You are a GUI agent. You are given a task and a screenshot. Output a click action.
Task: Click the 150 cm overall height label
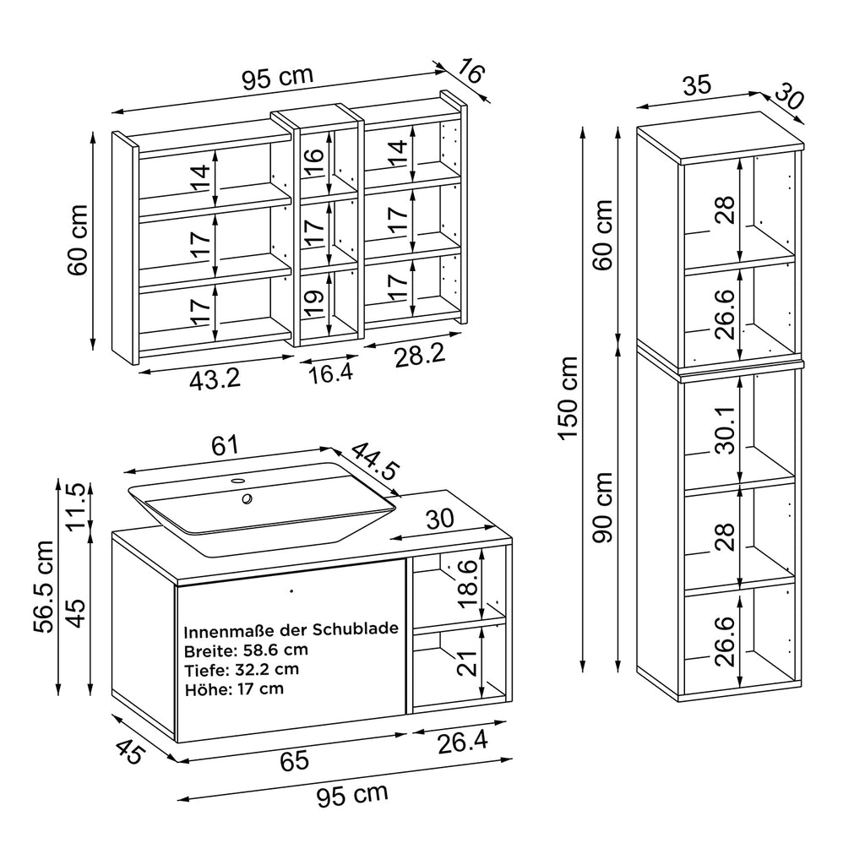pyautogui.click(x=567, y=399)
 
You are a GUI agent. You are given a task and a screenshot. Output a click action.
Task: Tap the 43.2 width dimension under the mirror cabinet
pyautogui.click(x=215, y=379)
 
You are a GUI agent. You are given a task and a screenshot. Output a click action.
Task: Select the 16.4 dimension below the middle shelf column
pyautogui.click(x=330, y=373)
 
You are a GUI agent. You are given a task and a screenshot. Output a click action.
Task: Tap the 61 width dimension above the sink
pyautogui.click(x=225, y=444)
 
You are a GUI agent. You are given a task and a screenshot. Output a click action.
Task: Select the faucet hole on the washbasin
pyautogui.click(x=247, y=498)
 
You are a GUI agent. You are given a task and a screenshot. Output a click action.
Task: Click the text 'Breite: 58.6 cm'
pyautogui.click(x=246, y=650)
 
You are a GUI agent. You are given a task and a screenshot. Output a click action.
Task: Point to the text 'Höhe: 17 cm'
pyautogui.click(x=234, y=688)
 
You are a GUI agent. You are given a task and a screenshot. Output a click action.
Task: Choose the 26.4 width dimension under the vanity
pyautogui.click(x=464, y=743)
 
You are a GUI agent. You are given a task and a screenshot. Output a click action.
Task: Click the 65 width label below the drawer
pyautogui.click(x=294, y=760)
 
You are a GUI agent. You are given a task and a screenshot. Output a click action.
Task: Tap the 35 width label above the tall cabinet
pyautogui.click(x=697, y=84)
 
